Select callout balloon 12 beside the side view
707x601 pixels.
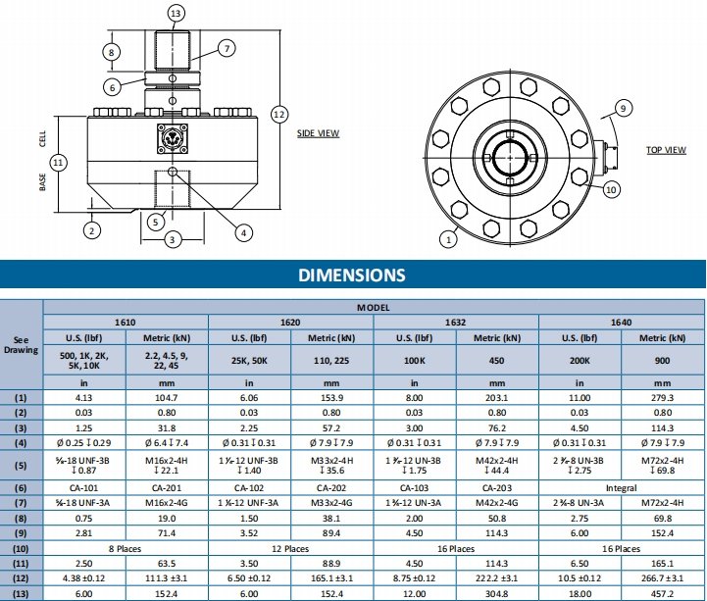click(279, 115)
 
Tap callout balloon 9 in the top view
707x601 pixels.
click(622, 107)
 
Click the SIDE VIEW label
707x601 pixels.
click(318, 133)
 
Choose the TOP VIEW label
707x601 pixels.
click(666, 150)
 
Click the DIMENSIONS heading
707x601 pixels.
click(352, 275)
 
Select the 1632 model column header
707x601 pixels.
click(455, 322)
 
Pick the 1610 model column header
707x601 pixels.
click(125, 322)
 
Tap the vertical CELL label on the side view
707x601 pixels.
click(42, 136)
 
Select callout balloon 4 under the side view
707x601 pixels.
click(244, 232)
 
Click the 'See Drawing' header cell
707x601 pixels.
click(21, 345)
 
